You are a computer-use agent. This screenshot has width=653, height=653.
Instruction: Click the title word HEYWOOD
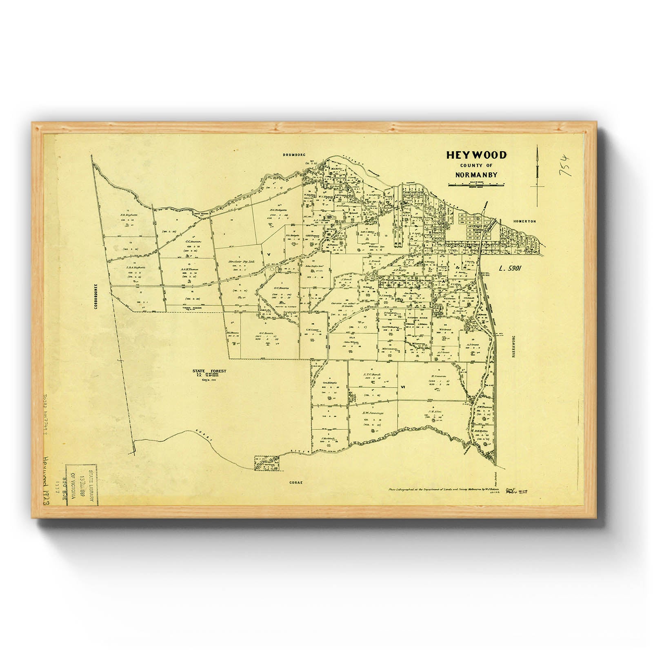pyautogui.click(x=476, y=155)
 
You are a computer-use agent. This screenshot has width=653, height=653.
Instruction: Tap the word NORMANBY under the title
pyautogui.click(x=476, y=175)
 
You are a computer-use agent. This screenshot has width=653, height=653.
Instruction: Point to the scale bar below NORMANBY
pyautogui.click(x=476, y=185)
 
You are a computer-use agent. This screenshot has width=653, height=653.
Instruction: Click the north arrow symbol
pyautogui.click(x=538, y=171)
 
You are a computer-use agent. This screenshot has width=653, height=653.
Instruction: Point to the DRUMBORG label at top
pyautogui.click(x=296, y=155)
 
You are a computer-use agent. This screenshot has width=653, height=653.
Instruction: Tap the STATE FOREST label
pyautogui.click(x=209, y=371)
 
